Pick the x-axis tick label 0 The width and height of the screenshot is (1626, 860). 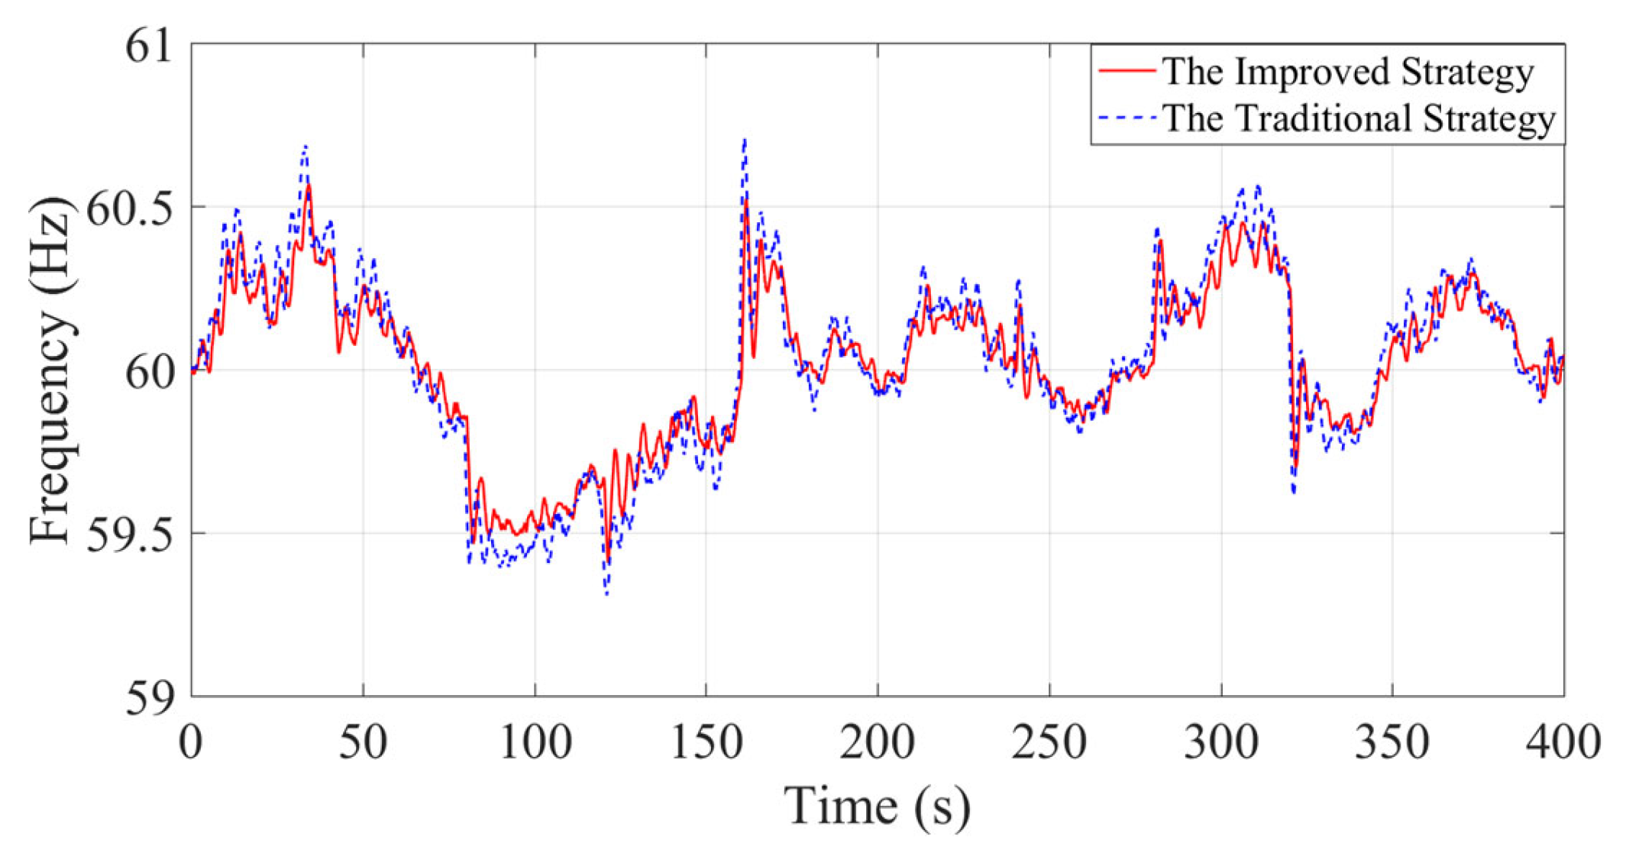click(x=191, y=742)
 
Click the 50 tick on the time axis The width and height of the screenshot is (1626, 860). click(x=363, y=742)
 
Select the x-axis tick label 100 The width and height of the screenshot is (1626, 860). click(x=535, y=742)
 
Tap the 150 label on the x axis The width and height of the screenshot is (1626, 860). click(x=706, y=742)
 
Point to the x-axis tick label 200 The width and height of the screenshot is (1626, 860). click(x=878, y=742)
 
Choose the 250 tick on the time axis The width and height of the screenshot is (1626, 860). click(x=1049, y=742)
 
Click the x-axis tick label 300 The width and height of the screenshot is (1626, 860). click(x=1221, y=742)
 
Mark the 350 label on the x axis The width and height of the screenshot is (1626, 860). click(x=1392, y=742)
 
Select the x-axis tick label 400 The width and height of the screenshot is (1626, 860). click(x=1563, y=742)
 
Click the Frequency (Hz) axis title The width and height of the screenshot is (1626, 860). click(x=51, y=370)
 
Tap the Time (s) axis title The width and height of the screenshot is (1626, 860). click(x=878, y=807)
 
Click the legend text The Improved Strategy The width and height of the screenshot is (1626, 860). click(x=1348, y=73)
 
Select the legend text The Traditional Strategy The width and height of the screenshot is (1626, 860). click(x=1359, y=119)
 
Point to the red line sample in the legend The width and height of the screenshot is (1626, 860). click(x=1127, y=71)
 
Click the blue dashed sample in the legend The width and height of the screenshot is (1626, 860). click(x=1127, y=118)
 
